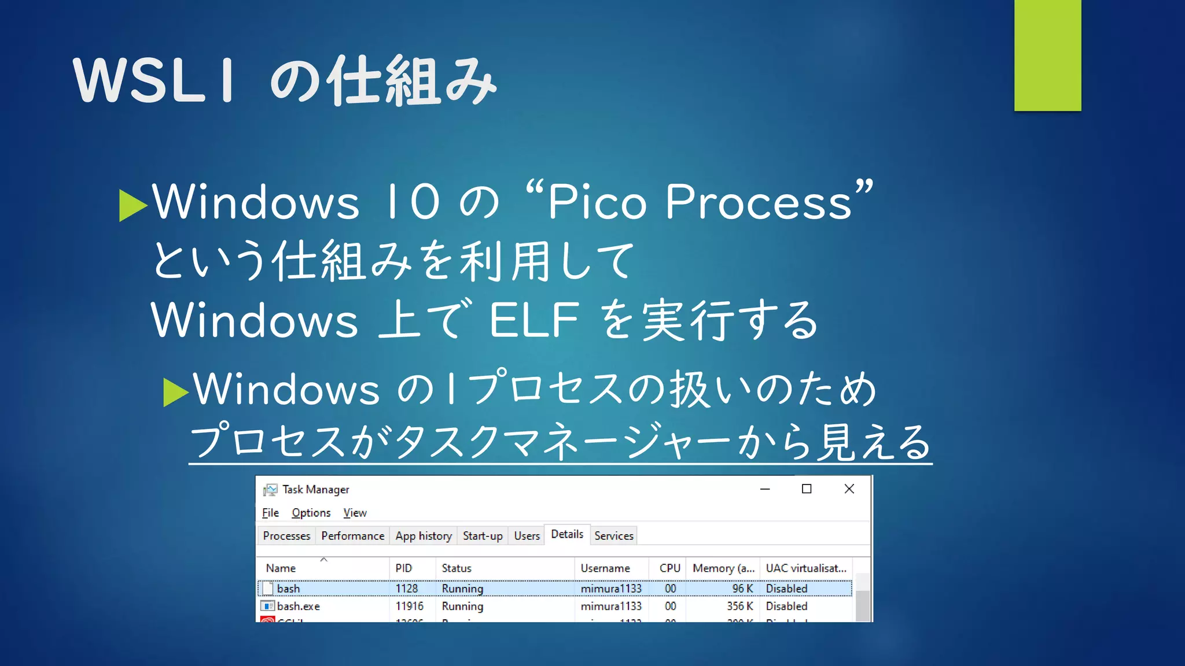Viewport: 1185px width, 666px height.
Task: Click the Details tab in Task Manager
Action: tap(566, 534)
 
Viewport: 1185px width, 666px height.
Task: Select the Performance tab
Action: tap(352, 536)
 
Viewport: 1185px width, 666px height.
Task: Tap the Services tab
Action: tap(613, 536)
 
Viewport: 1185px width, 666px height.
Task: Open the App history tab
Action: tap(423, 536)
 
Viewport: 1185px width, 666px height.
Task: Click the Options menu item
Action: tap(311, 513)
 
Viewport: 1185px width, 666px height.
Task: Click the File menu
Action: tap(270, 513)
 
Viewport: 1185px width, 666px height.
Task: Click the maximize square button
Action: tap(807, 489)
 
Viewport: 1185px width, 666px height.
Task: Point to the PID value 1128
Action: tap(406, 589)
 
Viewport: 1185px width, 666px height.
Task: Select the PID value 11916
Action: tap(409, 606)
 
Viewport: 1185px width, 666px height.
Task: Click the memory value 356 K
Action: tap(740, 606)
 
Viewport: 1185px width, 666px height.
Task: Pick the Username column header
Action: tap(605, 568)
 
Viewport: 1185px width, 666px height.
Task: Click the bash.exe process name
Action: tap(298, 606)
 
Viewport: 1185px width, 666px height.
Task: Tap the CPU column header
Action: tap(669, 568)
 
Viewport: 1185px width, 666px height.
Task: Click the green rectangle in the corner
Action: tap(1047, 55)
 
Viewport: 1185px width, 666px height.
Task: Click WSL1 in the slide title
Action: tap(154, 81)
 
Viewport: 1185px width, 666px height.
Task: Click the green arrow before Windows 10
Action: tap(133, 205)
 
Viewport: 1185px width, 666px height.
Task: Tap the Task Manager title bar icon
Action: tap(270, 490)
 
